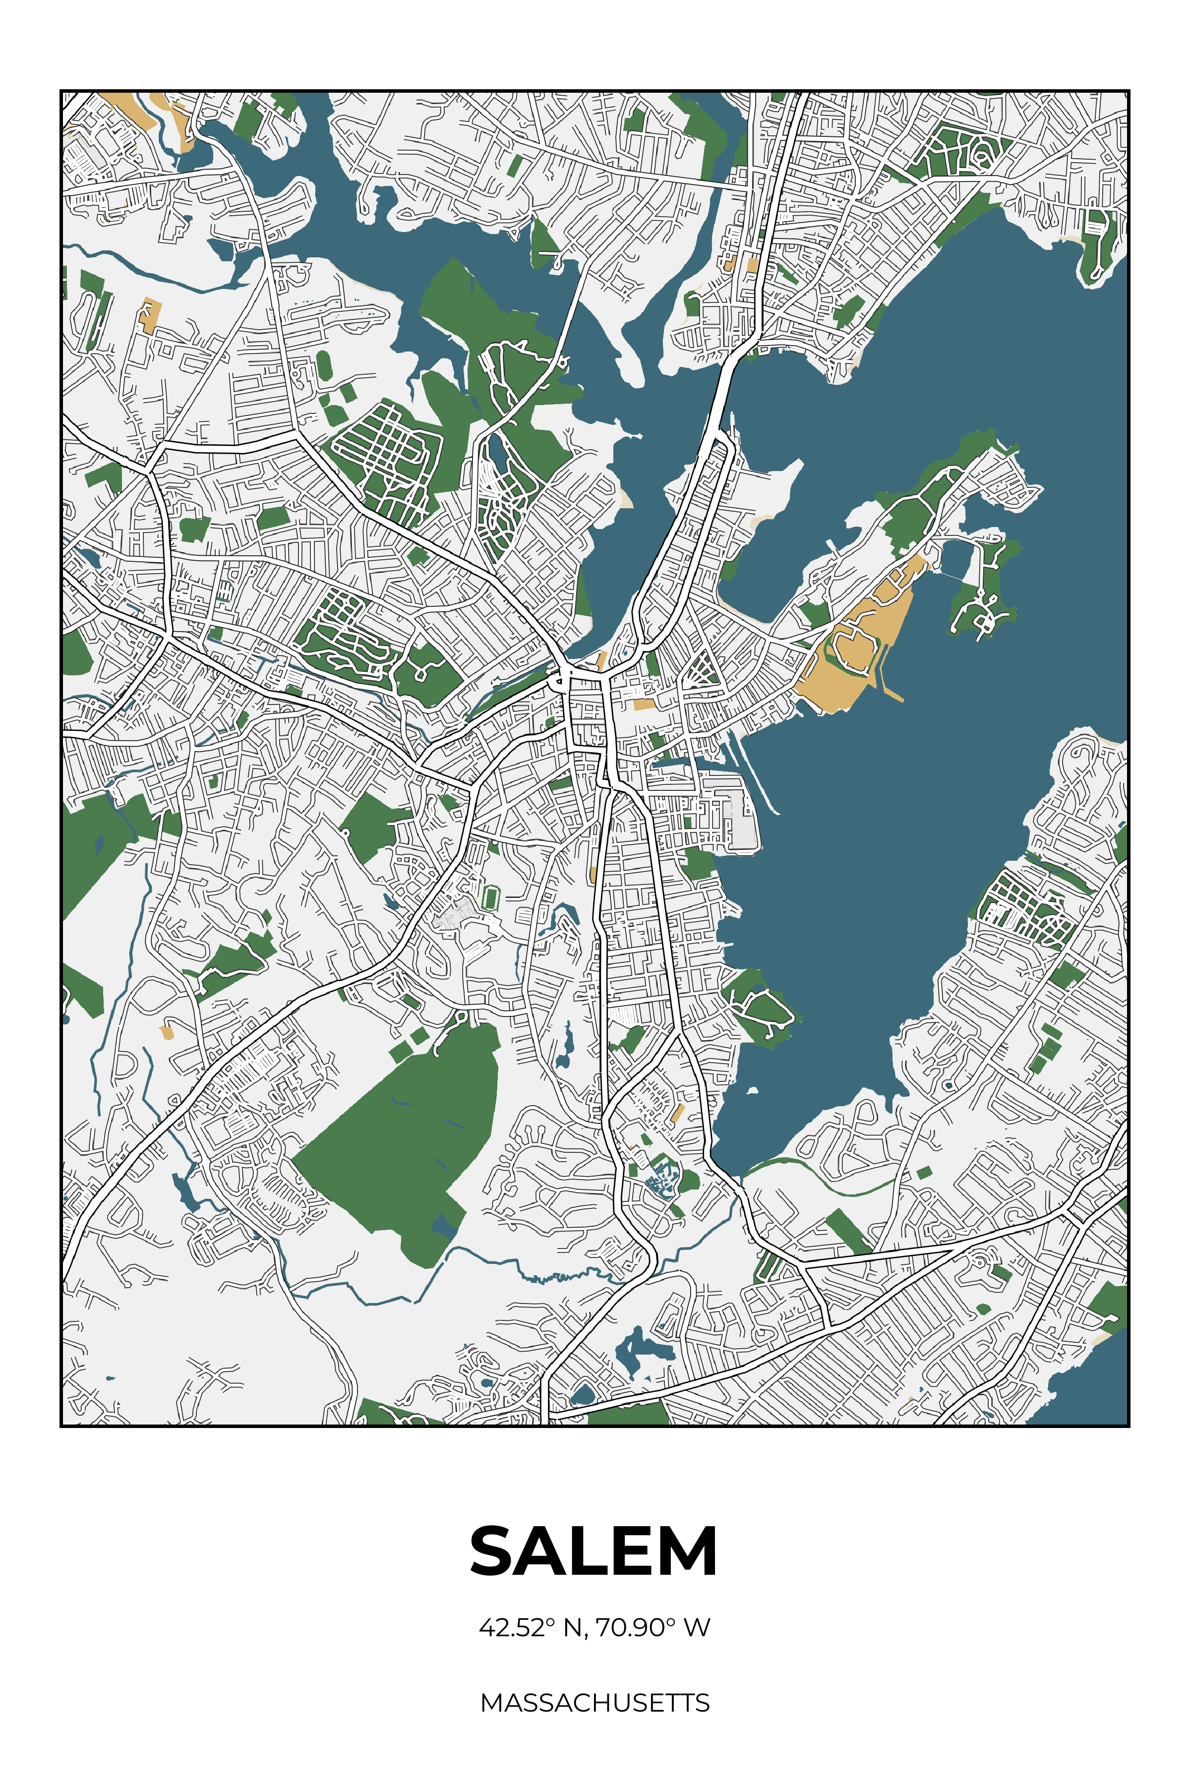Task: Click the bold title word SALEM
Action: click(x=594, y=1552)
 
